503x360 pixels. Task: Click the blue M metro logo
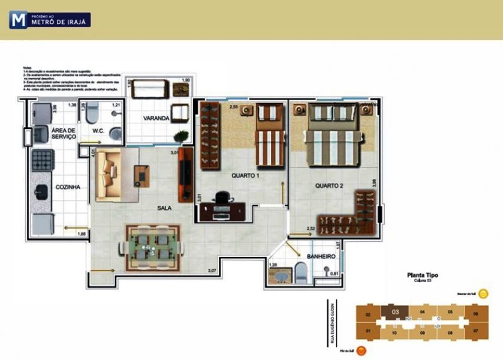coord(18,20)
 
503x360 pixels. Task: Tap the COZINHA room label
coord(68,187)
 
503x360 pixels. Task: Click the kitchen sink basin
coord(42,191)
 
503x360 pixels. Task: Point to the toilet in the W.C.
coord(92,113)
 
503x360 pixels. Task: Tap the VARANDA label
coord(156,118)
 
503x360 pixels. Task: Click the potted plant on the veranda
coord(181,136)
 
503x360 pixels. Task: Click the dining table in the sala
coord(152,246)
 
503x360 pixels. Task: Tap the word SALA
coord(164,208)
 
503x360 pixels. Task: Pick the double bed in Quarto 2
coord(334,139)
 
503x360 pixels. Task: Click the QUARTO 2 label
coord(329,186)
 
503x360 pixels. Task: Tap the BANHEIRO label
coord(321,257)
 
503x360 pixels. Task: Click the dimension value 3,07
coord(212,271)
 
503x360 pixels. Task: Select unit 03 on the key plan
coord(395,311)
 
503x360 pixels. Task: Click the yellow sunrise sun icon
coord(483,294)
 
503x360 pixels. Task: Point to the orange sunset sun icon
coord(361,352)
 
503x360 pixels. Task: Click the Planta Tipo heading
coord(422,275)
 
